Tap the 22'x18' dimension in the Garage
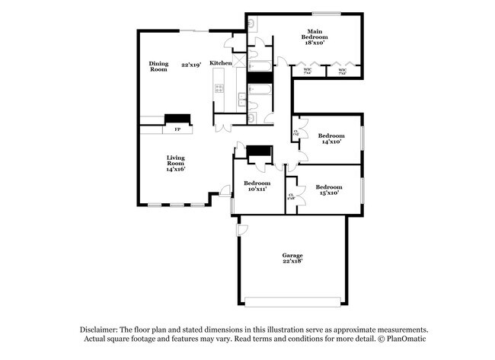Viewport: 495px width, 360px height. [292, 261]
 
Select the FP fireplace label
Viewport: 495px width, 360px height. [177, 129]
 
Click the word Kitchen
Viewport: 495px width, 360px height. [221, 62]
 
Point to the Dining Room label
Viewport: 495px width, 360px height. [158, 66]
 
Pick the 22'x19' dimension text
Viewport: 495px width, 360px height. [190, 65]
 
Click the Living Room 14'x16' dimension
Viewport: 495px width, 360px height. [176, 169]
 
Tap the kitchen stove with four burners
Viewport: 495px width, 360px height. [219, 88]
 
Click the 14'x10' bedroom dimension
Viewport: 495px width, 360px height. [331, 142]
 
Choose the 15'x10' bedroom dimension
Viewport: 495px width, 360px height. [329, 193]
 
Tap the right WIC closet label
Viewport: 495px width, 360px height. [342, 73]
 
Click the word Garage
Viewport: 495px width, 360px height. [292, 255]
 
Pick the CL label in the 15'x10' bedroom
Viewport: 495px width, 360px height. [291, 196]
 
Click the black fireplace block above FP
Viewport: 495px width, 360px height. [178, 119]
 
